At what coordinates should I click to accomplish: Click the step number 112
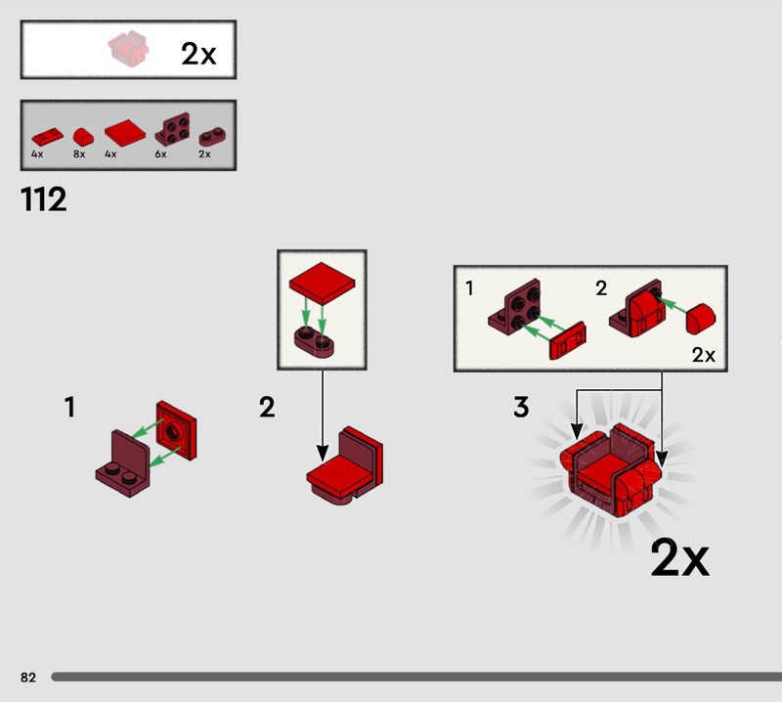[x=43, y=199]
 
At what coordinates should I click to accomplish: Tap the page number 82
[x=28, y=677]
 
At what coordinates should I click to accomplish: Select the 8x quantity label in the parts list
[x=79, y=154]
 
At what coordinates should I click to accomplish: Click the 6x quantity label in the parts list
[x=160, y=154]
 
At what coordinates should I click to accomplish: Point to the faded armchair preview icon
[x=129, y=48]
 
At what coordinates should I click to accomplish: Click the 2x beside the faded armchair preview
[x=198, y=54]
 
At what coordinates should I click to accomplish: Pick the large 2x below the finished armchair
[x=679, y=557]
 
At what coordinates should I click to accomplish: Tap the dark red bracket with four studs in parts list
[x=173, y=129]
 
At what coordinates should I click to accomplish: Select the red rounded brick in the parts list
[x=83, y=137]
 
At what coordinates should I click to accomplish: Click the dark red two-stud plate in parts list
[x=212, y=136]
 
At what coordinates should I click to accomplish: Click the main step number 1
[x=69, y=407]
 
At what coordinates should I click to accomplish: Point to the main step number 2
[x=267, y=407]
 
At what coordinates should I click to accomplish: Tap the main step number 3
[x=521, y=407]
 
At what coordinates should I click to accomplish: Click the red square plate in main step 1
[x=177, y=430]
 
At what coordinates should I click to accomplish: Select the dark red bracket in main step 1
[x=123, y=463]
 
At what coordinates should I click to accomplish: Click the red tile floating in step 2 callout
[x=323, y=283]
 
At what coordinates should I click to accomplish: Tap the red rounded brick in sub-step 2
[x=701, y=319]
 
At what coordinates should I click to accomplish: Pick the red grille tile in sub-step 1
[x=568, y=341]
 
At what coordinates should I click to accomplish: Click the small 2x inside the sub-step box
[x=703, y=355]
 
